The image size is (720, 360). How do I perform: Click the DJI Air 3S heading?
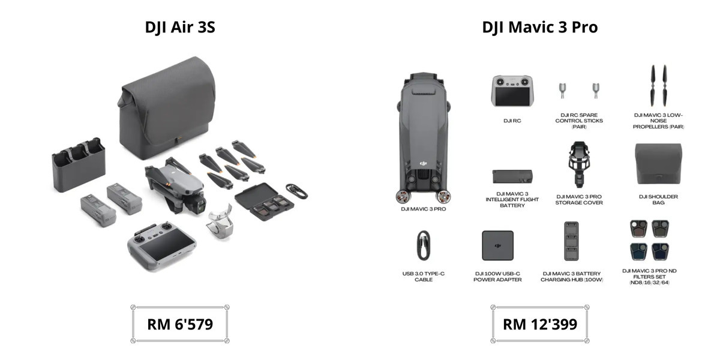[180, 27]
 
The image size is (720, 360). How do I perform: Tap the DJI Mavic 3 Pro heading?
[540, 27]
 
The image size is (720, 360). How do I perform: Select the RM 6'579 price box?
[180, 324]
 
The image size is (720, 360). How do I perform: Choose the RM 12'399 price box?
[540, 324]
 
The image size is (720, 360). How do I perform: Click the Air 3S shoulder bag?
[167, 108]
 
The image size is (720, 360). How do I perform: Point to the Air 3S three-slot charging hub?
[79, 164]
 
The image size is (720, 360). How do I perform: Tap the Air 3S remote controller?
[161, 245]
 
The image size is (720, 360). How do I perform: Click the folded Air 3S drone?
[175, 185]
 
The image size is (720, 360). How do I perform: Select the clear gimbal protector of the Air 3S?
[220, 222]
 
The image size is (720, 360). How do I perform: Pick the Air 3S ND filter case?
[264, 202]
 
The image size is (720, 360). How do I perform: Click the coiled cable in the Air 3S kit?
[296, 191]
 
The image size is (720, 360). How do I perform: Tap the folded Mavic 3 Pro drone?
[424, 138]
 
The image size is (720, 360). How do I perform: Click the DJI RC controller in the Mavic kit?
[512, 91]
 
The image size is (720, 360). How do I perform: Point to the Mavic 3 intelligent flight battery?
[512, 176]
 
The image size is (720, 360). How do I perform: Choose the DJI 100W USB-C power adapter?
[497, 245]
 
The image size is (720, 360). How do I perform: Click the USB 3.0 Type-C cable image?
[424, 245]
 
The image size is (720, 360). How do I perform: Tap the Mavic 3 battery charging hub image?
[571, 241]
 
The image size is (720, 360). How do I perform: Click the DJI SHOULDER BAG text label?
[658, 200]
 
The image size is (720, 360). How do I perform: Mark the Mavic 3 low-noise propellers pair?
[659, 85]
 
